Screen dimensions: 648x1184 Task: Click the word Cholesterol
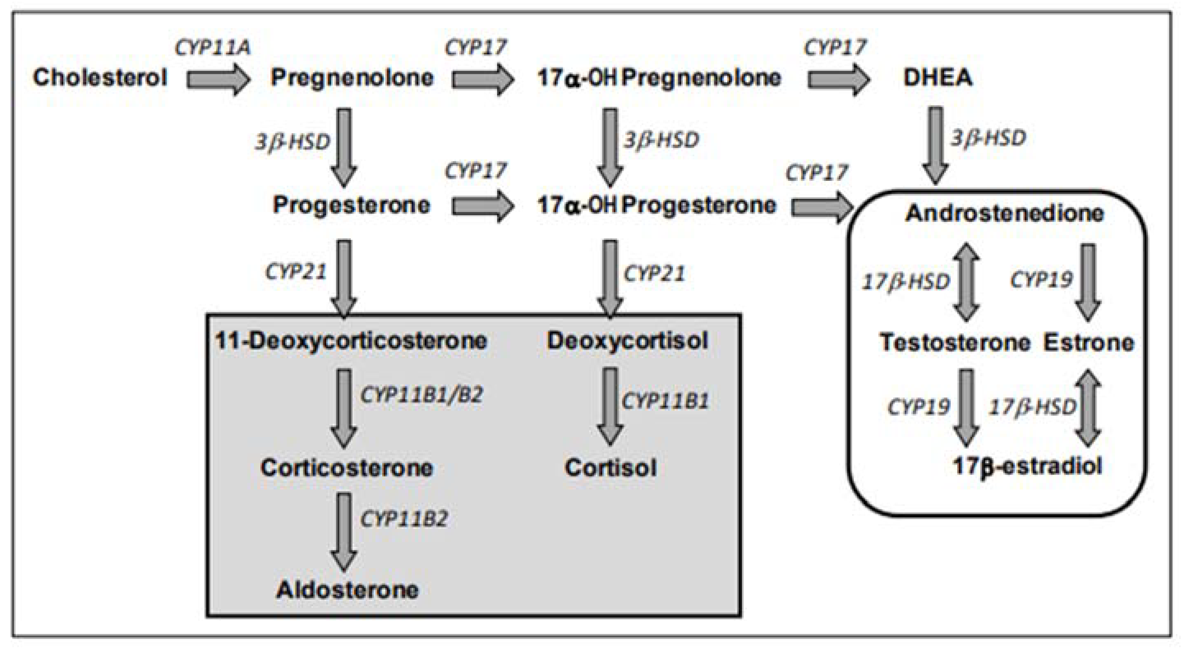(x=100, y=77)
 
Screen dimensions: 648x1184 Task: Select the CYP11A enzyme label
(x=213, y=47)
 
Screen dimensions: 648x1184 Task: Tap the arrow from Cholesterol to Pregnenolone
(x=218, y=79)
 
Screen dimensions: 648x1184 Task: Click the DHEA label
(x=938, y=77)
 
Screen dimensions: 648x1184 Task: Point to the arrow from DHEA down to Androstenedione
(x=936, y=145)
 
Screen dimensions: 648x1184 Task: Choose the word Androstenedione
(x=1004, y=213)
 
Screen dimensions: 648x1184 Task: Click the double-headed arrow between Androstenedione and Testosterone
(x=966, y=282)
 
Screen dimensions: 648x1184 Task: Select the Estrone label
(x=1088, y=343)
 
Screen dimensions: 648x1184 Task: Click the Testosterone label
(x=955, y=343)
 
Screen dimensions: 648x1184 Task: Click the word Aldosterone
(x=348, y=590)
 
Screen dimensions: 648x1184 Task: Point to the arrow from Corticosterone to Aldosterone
(x=344, y=531)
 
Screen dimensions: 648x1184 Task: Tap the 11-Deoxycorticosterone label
(x=351, y=341)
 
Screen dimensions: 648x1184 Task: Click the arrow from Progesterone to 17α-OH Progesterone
(x=483, y=206)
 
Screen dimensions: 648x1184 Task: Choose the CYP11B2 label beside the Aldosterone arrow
(x=403, y=519)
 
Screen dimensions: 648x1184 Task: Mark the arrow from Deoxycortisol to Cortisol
(x=610, y=406)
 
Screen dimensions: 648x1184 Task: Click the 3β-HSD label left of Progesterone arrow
(x=293, y=141)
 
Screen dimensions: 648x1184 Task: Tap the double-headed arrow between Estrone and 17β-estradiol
(x=1088, y=407)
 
